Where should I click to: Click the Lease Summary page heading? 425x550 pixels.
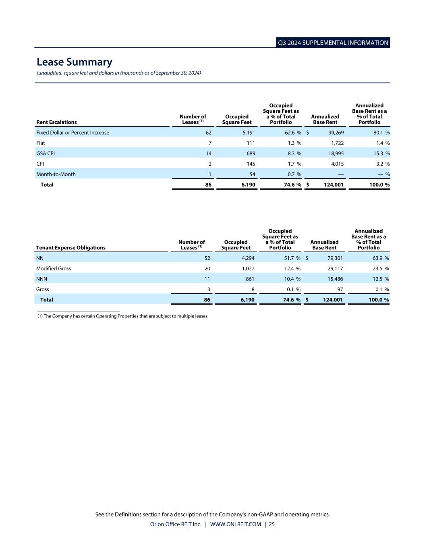[x=75, y=62]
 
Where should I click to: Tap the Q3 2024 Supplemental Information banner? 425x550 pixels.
[x=333, y=43]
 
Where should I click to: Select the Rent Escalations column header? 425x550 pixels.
[x=56, y=122]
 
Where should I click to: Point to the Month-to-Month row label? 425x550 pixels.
[x=56, y=174]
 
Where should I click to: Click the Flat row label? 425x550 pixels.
[x=41, y=143]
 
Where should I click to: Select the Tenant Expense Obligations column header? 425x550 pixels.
[x=71, y=248]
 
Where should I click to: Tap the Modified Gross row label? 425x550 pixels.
[x=54, y=269]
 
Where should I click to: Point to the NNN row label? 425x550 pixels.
[x=41, y=279]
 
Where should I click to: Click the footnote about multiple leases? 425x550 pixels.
[x=123, y=316]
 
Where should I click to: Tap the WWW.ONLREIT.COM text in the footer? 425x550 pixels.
[x=236, y=525]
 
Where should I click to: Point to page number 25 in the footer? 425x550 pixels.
[x=272, y=525]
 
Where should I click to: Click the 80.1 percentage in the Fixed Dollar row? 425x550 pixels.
[x=377, y=133]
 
